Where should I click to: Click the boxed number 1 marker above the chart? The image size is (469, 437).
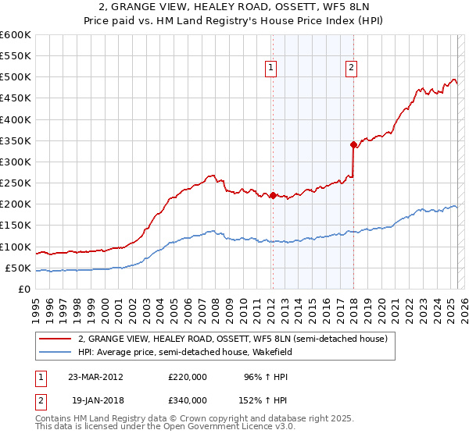tap(270, 68)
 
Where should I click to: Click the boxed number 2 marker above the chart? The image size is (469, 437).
tap(351, 68)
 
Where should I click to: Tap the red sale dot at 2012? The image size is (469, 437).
tap(273, 196)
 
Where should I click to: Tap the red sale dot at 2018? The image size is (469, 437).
tap(353, 144)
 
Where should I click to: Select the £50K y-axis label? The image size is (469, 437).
tap(18, 268)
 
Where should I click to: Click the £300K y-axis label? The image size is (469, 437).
tap(16, 162)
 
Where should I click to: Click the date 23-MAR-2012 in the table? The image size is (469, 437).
tap(96, 376)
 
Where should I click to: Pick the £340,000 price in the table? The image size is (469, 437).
tap(188, 400)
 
